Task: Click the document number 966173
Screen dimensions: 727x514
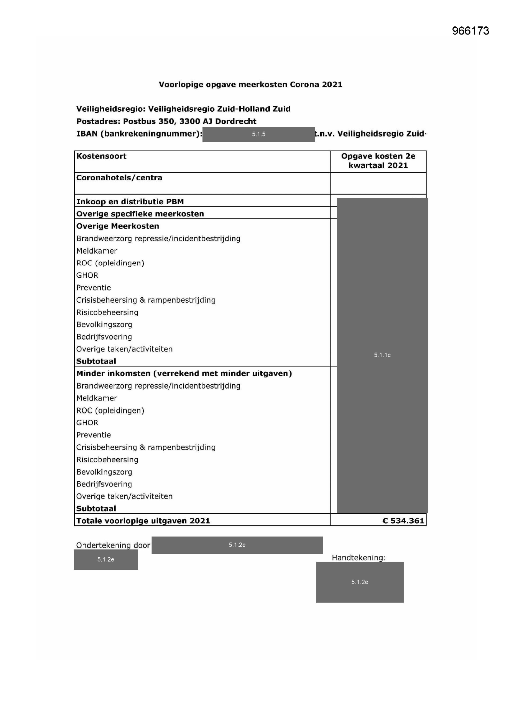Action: pyautogui.click(x=470, y=31)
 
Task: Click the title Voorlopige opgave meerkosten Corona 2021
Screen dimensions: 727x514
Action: pyautogui.click(x=250, y=85)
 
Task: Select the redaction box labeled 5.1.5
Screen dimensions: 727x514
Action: pyautogui.click(x=259, y=134)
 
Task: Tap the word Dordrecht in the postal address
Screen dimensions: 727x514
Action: pyautogui.click(x=236, y=121)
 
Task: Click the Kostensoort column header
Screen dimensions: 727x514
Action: pyautogui.click(x=101, y=156)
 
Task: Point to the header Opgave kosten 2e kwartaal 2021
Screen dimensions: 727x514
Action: pyautogui.click(x=378, y=161)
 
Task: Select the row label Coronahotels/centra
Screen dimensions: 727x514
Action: pyautogui.click(x=119, y=178)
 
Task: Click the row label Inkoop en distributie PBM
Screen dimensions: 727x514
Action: pyautogui.click(x=130, y=202)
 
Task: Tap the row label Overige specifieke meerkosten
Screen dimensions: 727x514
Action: pyautogui.click(x=140, y=214)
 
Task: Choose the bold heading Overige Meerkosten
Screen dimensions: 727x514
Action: pyautogui.click(x=117, y=226)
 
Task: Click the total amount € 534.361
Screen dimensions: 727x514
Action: pyautogui.click(x=403, y=521)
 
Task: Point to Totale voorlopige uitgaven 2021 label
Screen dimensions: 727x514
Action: pyautogui.click(x=143, y=521)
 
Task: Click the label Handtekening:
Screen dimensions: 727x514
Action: pyautogui.click(x=359, y=558)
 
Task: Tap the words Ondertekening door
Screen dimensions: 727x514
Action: pyautogui.click(x=113, y=545)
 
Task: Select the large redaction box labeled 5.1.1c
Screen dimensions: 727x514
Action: pyautogui.click(x=382, y=355)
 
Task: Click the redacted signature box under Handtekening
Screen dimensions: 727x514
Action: pyautogui.click(x=360, y=582)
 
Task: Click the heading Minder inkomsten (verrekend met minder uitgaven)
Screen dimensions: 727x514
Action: pyautogui.click(x=184, y=374)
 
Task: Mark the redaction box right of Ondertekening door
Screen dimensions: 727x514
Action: pyautogui.click(x=237, y=545)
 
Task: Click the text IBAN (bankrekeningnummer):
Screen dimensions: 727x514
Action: pyautogui.click(x=139, y=134)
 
